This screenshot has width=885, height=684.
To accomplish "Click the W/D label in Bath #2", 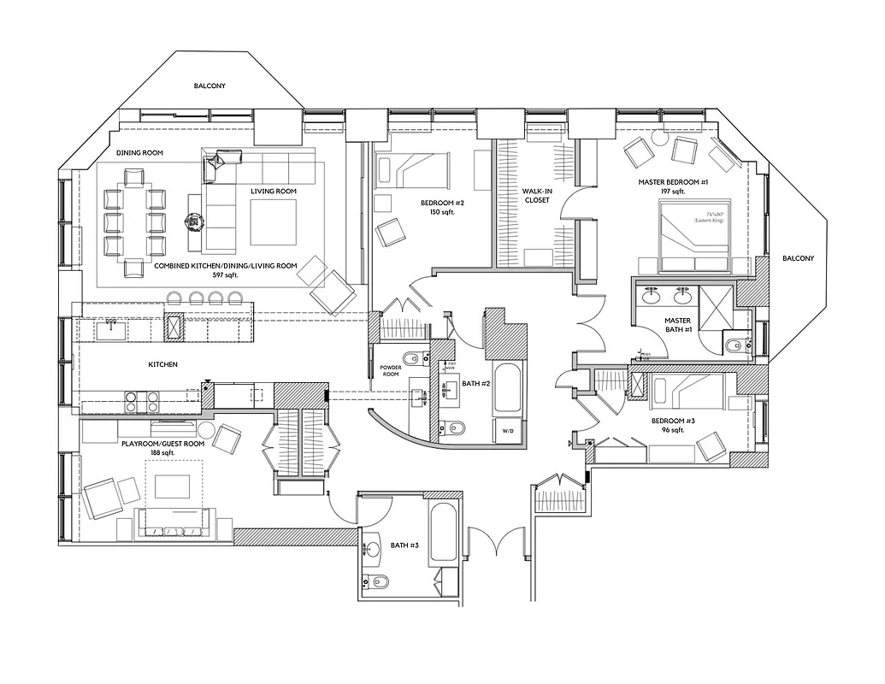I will point(506,431).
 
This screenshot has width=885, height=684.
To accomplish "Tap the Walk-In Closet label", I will point(536,196).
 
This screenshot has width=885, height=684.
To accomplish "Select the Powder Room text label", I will point(391,370).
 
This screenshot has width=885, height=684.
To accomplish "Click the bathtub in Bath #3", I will point(444,531).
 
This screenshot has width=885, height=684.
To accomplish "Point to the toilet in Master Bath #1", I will point(734,346).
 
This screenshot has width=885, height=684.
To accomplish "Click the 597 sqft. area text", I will point(225,276).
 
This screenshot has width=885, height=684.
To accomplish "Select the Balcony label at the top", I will point(209,86).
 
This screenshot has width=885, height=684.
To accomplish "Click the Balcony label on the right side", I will point(798,258).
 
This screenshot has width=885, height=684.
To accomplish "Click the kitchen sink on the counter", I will point(110,328).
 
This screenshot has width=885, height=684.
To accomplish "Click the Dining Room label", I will point(139,153).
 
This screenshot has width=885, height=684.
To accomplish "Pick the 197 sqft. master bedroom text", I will point(673,192).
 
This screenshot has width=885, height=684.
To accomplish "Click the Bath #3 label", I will point(404,545).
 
